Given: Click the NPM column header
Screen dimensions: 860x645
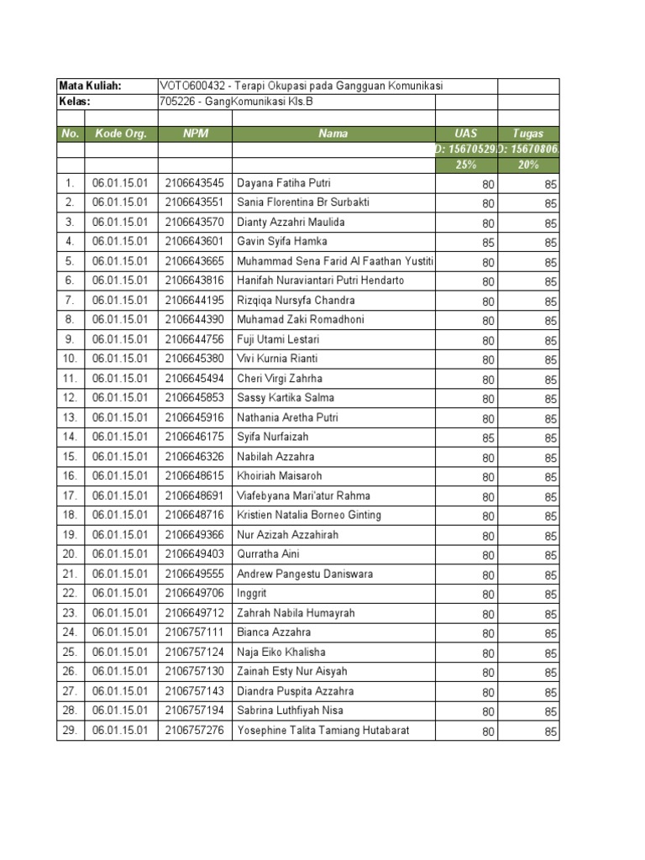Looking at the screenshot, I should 195,134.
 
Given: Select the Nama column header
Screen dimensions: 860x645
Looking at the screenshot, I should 333,134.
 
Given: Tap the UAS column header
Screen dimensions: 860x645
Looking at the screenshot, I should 465,134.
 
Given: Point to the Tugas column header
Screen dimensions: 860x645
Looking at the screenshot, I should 527,134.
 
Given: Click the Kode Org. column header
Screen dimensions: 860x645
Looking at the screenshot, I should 121,134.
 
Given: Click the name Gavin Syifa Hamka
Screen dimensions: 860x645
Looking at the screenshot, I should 281,242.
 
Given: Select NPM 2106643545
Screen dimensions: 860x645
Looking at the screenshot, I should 195,183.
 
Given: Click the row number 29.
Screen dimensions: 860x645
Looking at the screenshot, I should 70,731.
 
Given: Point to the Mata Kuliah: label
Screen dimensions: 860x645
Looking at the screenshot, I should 90,86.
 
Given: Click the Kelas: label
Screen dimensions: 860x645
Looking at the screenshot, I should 75,102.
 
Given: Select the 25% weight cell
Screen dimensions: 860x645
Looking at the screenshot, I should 465,165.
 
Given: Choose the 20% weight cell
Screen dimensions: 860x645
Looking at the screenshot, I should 527,165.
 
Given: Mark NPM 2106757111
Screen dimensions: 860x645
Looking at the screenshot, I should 195,632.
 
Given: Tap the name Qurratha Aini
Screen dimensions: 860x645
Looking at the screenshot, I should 268,554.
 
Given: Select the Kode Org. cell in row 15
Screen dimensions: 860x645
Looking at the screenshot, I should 121,457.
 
